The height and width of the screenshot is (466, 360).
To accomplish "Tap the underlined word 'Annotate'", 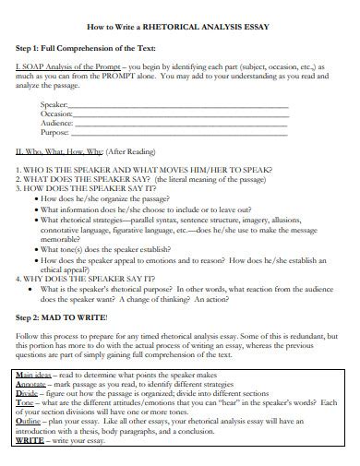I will (33, 386).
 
